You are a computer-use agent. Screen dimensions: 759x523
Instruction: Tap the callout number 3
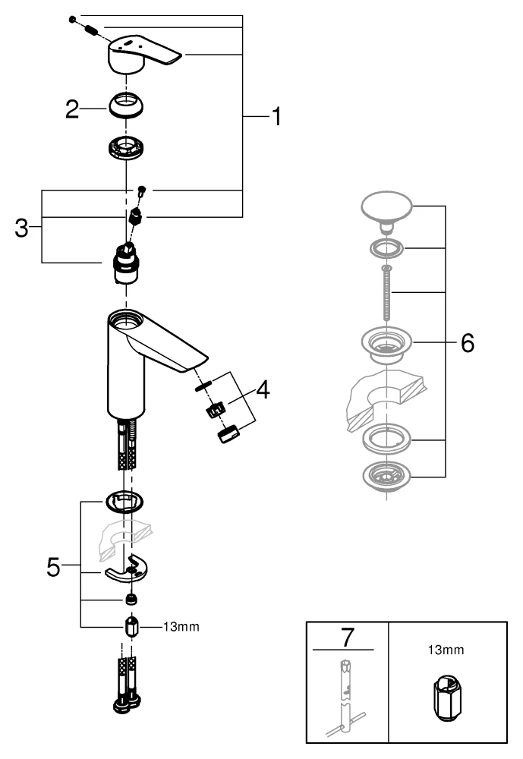(23, 228)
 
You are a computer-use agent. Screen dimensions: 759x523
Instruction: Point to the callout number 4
(262, 392)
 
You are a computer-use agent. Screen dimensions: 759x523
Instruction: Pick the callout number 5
(52, 567)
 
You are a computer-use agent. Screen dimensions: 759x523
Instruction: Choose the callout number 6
(467, 343)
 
